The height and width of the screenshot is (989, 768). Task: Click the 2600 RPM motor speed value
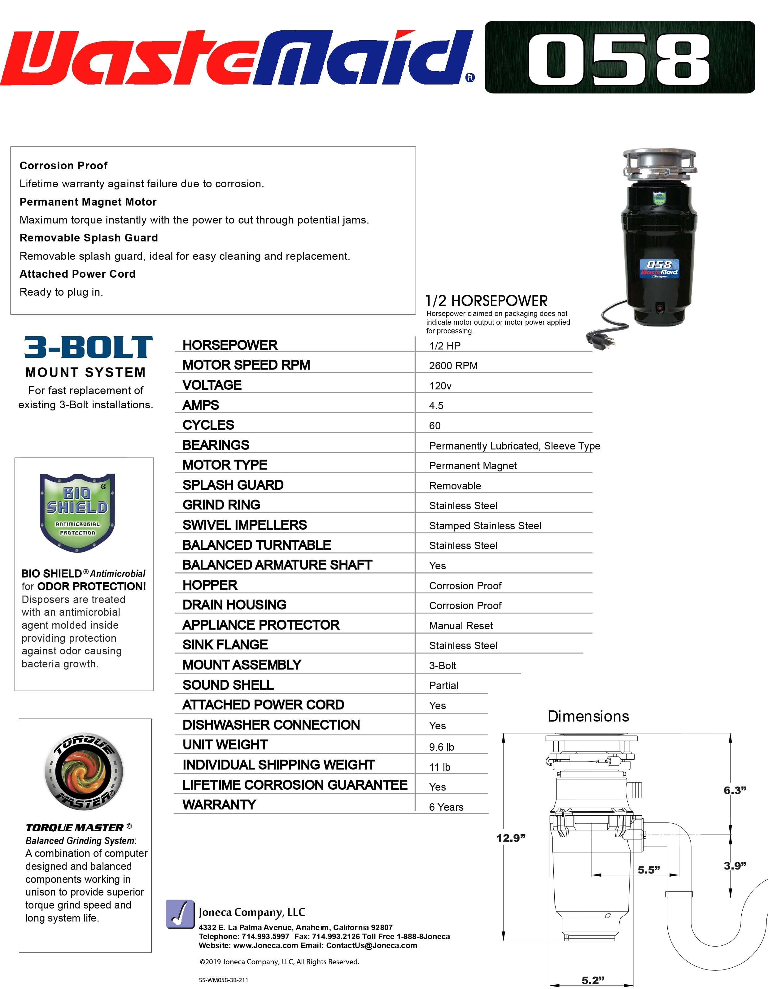click(453, 366)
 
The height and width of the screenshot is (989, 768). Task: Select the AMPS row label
click(201, 405)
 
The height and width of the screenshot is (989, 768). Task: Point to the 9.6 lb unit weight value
click(441, 747)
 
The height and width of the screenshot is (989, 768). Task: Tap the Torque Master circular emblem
click(84, 771)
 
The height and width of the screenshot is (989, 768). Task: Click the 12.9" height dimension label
click(511, 838)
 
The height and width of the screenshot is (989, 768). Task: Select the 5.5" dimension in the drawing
click(648, 870)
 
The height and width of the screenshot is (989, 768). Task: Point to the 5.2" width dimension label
click(593, 980)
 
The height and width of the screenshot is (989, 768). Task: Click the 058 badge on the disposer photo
click(659, 268)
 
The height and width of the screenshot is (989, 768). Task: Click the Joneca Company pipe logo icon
click(180, 914)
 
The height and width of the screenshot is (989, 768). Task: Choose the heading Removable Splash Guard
click(89, 238)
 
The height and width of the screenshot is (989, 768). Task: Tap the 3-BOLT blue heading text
click(88, 347)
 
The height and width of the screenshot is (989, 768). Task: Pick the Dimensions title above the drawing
click(588, 716)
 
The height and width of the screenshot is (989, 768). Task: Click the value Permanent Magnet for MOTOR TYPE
click(473, 466)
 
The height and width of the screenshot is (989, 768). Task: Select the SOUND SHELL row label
click(228, 685)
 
